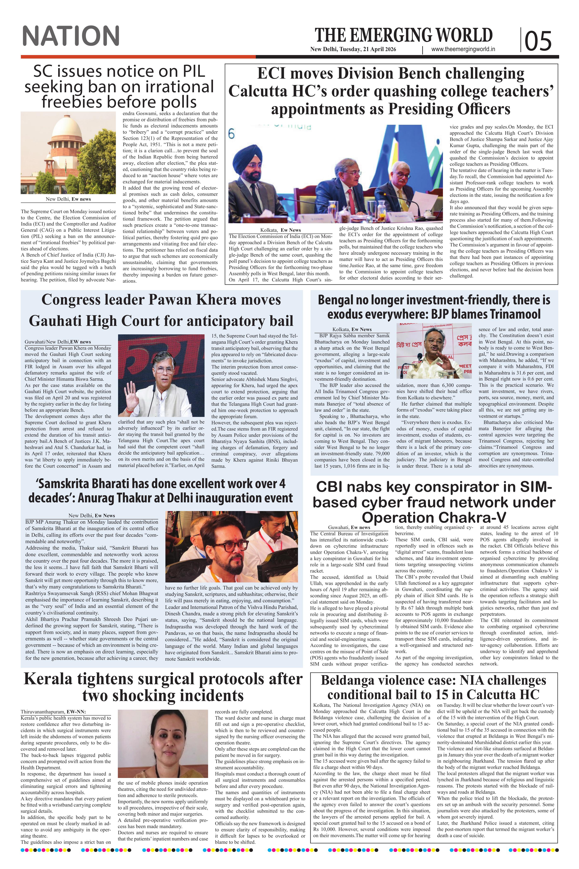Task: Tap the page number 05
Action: [538, 41]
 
